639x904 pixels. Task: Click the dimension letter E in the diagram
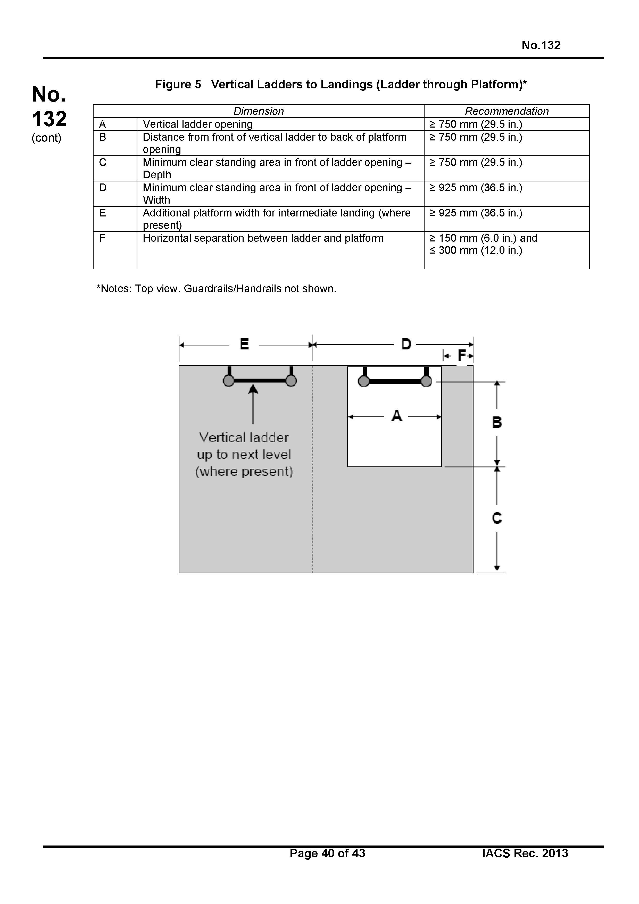[x=244, y=345]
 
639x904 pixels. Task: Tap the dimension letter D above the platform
[x=406, y=345]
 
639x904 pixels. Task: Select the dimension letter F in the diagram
[x=461, y=356]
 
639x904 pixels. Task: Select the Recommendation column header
[x=506, y=111]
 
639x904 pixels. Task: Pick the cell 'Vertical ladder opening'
[x=198, y=124]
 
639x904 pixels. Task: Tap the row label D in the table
[x=103, y=188]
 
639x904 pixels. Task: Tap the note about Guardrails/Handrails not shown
[x=216, y=289]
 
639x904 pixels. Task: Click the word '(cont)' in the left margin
[x=46, y=138]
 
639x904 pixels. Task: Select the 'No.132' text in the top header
[x=541, y=45]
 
